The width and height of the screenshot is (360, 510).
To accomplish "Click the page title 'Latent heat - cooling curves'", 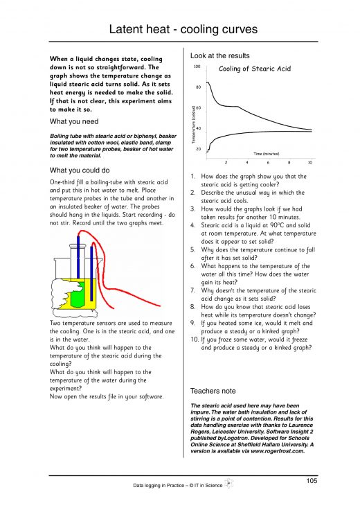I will pos(180,29).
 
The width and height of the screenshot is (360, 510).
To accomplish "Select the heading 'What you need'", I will pos(74,121).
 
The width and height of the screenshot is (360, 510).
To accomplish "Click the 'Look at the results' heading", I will pos(219,55).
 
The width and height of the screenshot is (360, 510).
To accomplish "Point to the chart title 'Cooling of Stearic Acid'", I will pos(255,69).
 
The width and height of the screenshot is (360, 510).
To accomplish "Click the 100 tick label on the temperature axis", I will pos(197,67).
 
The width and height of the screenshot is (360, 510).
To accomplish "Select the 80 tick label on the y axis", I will pos(198,87).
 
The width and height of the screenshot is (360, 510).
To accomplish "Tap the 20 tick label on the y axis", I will pos(198,149).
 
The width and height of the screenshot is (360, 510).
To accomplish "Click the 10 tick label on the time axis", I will pos(310,162).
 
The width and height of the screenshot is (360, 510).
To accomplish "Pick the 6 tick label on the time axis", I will pos(268,162).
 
